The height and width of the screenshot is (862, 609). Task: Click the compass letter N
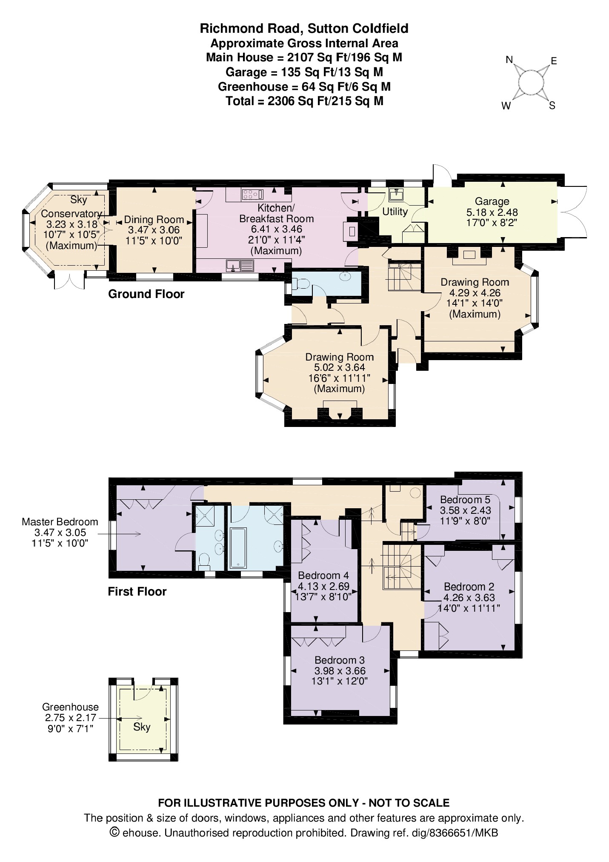click(x=509, y=60)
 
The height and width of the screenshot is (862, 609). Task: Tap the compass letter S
click(x=552, y=106)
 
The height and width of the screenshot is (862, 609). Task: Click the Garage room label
click(x=492, y=201)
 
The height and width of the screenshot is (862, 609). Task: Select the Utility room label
click(x=395, y=212)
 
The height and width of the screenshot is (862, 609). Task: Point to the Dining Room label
click(x=154, y=220)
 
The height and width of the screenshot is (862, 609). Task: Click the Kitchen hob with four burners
click(x=252, y=195)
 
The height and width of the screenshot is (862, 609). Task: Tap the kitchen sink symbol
click(x=240, y=266)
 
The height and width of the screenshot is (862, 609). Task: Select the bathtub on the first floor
click(x=238, y=548)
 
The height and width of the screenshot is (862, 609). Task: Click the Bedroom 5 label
click(x=465, y=499)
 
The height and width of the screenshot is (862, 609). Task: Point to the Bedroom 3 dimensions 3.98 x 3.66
click(x=340, y=670)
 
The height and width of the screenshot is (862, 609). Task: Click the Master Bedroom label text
click(x=60, y=522)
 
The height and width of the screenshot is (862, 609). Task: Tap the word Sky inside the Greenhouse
click(x=142, y=727)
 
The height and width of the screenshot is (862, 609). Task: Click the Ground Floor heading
click(x=146, y=294)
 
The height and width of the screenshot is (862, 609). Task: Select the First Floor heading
click(x=137, y=592)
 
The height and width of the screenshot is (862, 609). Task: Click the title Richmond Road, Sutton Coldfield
click(x=304, y=29)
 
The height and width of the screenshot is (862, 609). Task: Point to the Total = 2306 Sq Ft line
click(x=304, y=101)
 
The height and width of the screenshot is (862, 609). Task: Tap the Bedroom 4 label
click(x=323, y=576)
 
